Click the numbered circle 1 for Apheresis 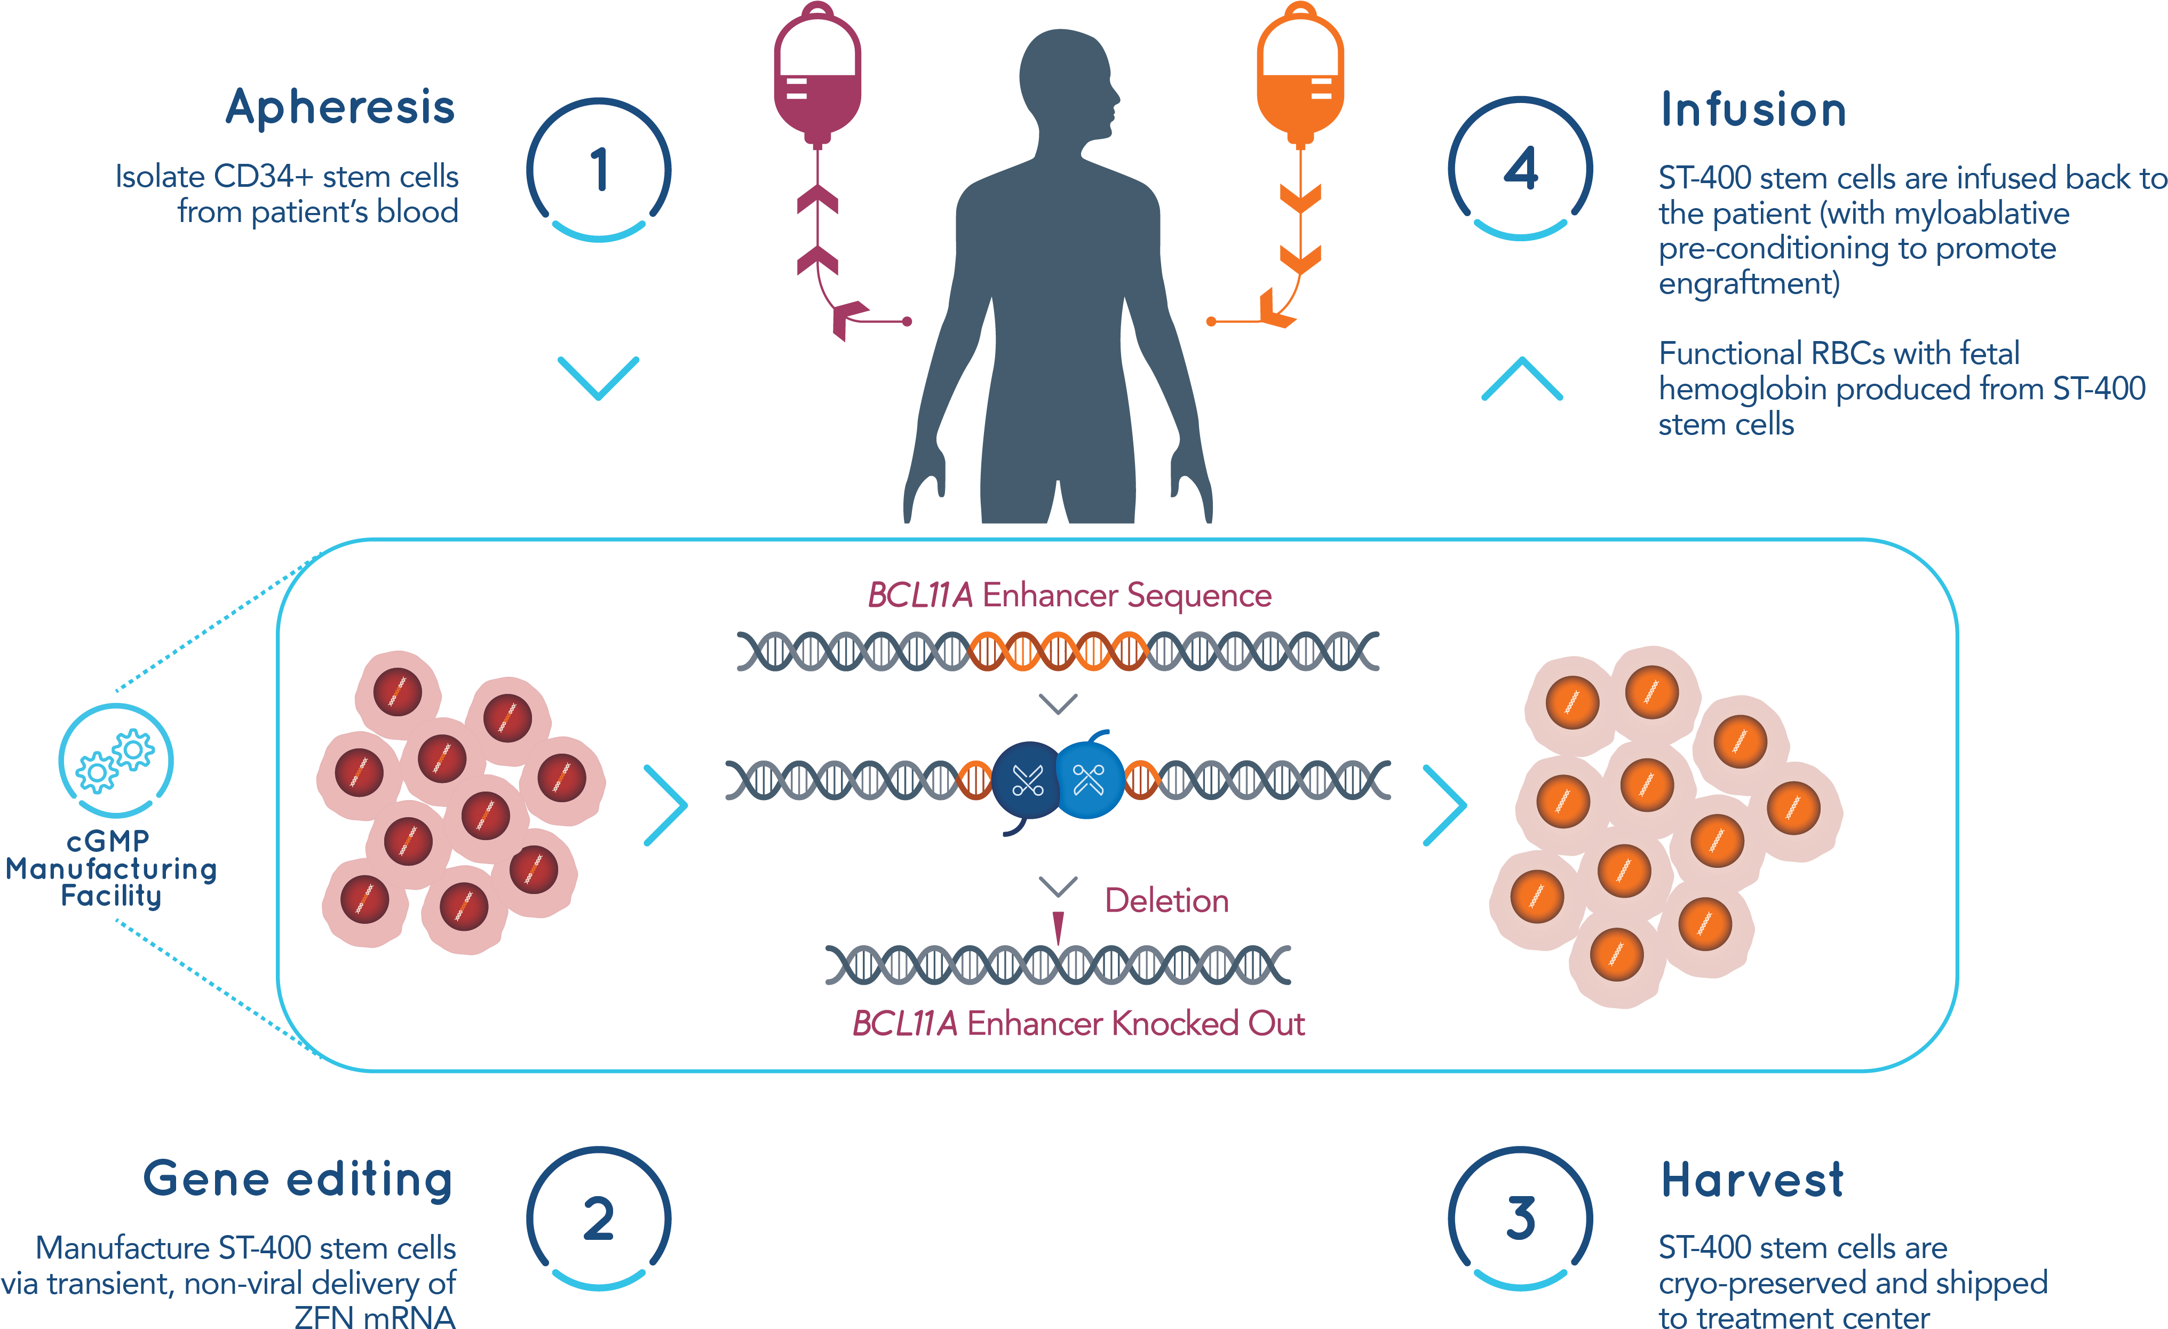[598, 169]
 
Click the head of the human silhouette [1067, 79]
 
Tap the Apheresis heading [340, 107]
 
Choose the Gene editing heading [298, 1180]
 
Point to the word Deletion [1167, 900]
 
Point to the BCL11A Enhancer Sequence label [1069, 596]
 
